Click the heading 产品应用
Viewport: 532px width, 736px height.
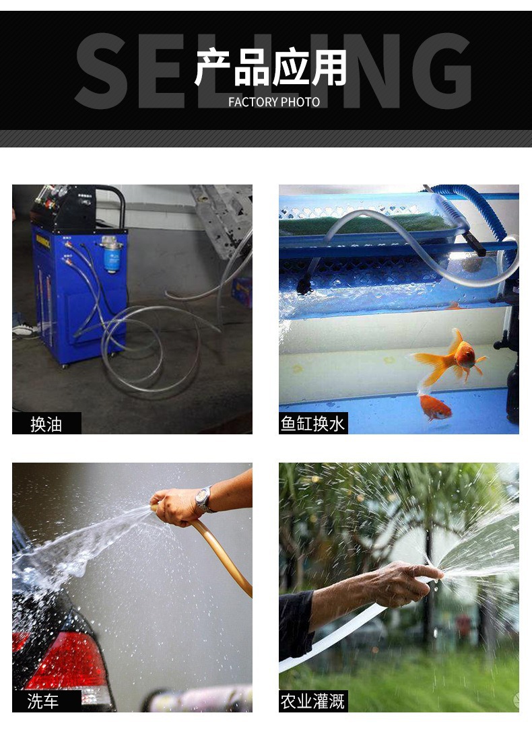[x=271, y=68]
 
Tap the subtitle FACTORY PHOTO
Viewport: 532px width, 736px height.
[x=274, y=102]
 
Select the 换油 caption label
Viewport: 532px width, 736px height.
[x=46, y=424]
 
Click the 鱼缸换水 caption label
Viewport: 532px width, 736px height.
[x=313, y=424]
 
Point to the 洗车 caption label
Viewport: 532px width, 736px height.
[x=44, y=702]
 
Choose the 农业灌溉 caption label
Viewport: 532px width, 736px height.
[x=313, y=702]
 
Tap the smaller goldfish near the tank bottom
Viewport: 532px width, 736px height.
[x=434, y=406]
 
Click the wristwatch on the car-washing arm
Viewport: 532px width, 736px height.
[x=203, y=499]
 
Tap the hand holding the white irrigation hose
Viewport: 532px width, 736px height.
[x=404, y=582]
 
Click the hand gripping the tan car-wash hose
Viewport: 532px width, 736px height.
[x=175, y=506]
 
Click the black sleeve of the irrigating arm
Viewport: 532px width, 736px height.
[x=296, y=616]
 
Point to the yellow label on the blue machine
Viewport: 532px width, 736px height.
[x=42, y=240]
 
